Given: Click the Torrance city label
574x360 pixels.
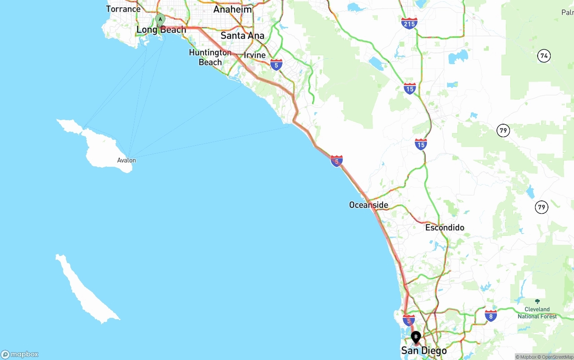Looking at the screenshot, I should [x=123, y=9].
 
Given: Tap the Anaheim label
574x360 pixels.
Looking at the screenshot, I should [x=232, y=9].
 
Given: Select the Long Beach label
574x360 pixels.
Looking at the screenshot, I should [x=161, y=30].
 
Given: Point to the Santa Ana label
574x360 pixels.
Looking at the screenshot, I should [x=242, y=35].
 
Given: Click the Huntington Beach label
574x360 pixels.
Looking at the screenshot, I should [x=210, y=57].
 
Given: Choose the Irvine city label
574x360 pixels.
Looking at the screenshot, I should [x=255, y=55].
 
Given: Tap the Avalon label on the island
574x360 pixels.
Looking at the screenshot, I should [x=126, y=160].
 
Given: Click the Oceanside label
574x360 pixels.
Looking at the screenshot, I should [x=369, y=205].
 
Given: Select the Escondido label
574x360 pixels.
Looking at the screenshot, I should [x=444, y=228].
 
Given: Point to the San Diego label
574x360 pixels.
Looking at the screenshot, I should [x=424, y=351].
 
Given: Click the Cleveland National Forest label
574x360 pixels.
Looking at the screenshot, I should [x=537, y=313].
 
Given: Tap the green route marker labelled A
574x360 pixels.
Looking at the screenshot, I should [x=160, y=20].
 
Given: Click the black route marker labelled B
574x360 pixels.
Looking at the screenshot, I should [x=416, y=337].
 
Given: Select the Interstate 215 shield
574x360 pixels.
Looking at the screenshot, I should [x=409, y=24].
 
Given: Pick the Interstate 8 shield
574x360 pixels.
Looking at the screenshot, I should [x=491, y=316].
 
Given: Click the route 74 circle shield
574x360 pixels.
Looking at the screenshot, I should [x=544, y=56].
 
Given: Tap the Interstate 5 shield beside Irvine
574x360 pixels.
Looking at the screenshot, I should [x=276, y=65].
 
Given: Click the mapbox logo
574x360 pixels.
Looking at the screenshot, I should [x=20, y=355].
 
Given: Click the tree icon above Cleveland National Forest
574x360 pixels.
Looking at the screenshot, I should [x=537, y=302].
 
